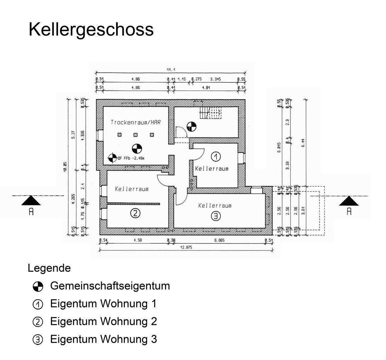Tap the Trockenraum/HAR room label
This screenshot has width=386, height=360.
click(x=136, y=122)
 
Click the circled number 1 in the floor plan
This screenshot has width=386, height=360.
click(x=216, y=156)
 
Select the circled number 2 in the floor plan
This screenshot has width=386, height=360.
click(x=135, y=213)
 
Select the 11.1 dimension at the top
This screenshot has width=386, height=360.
click(x=171, y=70)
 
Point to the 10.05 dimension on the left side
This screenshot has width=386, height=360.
click(x=65, y=166)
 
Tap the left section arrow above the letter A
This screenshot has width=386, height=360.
click(x=31, y=201)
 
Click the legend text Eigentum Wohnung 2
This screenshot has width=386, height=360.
click(x=103, y=321)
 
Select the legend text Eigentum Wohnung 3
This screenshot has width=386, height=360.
click(x=103, y=339)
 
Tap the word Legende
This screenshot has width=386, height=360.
click(x=49, y=268)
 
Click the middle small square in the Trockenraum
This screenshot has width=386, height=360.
click(x=135, y=135)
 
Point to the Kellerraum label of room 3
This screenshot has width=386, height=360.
click(x=215, y=206)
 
